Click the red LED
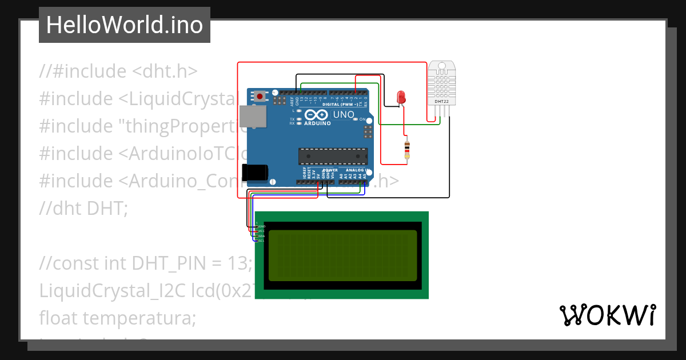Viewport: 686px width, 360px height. [x=401, y=97]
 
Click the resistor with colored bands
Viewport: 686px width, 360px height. [x=406, y=149]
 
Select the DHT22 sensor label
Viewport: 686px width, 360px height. [x=441, y=101]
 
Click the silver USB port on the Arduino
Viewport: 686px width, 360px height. [x=252, y=117]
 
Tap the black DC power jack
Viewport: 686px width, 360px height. [x=254, y=172]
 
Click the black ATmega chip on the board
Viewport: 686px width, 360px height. [x=333, y=156]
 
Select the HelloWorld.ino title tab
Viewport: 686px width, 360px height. [x=124, y=25]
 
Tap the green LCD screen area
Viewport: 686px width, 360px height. [x=342, y=255]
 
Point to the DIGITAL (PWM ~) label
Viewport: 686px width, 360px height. [x=341, y=105]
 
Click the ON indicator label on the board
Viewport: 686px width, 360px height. [x=362, y=119]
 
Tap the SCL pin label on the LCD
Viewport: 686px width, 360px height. [x=261, y=241]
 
